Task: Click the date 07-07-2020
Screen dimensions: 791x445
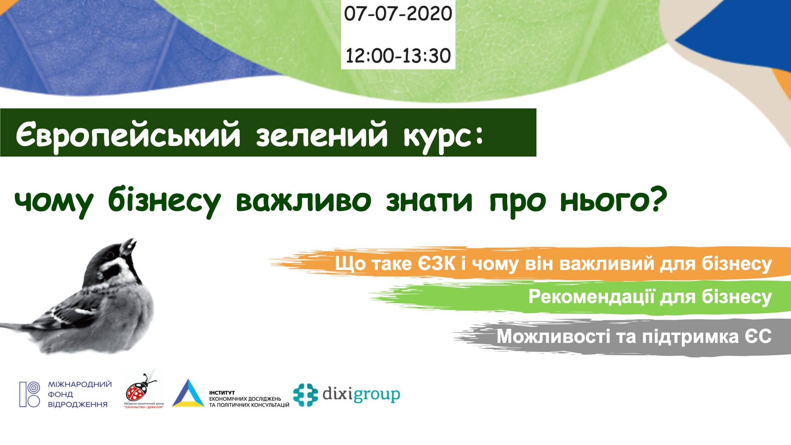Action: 398,14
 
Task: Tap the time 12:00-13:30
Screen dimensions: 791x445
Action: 398,56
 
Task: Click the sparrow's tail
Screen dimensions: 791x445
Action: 19,328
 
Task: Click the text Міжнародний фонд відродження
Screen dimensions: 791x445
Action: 80,394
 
